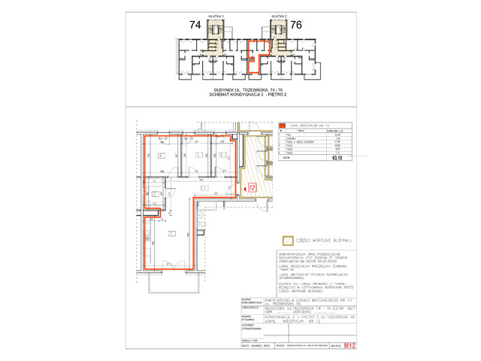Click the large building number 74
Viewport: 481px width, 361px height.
click(195, 25)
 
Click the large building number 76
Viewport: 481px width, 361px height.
click(295, 25)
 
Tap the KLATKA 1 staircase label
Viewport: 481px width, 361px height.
click(216, 15)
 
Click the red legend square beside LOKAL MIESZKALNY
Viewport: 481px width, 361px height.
click(283, 126)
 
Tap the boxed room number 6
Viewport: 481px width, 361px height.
click(220, 156)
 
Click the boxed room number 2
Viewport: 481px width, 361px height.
click(155, 194)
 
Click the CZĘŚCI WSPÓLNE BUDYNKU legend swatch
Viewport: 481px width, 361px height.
click(286, 241)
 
